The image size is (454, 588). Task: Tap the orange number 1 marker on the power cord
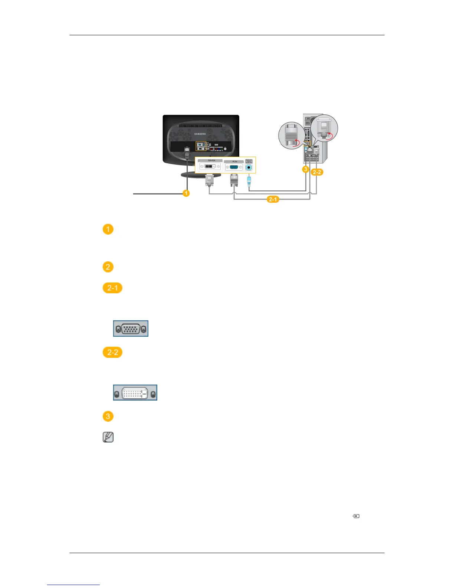tap(186, 193)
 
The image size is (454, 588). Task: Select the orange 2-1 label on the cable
tap(273, 199)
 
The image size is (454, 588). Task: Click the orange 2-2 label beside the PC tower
tap(317, 172)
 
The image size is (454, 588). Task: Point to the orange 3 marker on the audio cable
tap(305, 169)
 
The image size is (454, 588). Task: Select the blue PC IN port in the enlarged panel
tap(234, 167)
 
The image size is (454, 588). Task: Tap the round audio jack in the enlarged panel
tap(249, 168)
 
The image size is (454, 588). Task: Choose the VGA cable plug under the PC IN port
tap(234, 180)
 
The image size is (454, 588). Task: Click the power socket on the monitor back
tap(187, 150)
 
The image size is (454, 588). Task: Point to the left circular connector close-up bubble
tap(291, 136)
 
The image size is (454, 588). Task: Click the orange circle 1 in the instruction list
tap(108, 229)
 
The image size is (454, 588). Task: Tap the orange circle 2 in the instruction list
tap(108, 267)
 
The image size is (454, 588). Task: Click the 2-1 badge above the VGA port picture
tap(112, 288)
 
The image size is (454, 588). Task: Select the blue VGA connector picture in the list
tap(131, 329)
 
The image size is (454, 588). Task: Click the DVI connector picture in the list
tap(135, 393)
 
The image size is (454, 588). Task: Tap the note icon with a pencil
tap(108, 437)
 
